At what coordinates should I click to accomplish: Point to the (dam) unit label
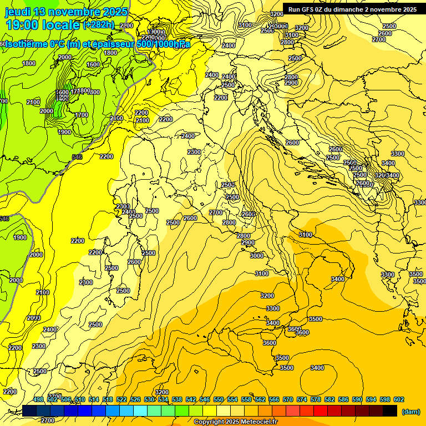pyautogui.click(x=410, y=411)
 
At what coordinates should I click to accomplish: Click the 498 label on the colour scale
pyautogui.click(x=38, y=399)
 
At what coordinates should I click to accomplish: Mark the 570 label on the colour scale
pyautogui.click(x=288, y=399)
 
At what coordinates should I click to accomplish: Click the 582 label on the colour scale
pyautogui.click(x=329, y=399)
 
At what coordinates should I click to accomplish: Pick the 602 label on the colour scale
pyautogui.click(x=399, y=399)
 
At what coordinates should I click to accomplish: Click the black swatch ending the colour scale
pyautogui.click(x=390, y=410)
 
